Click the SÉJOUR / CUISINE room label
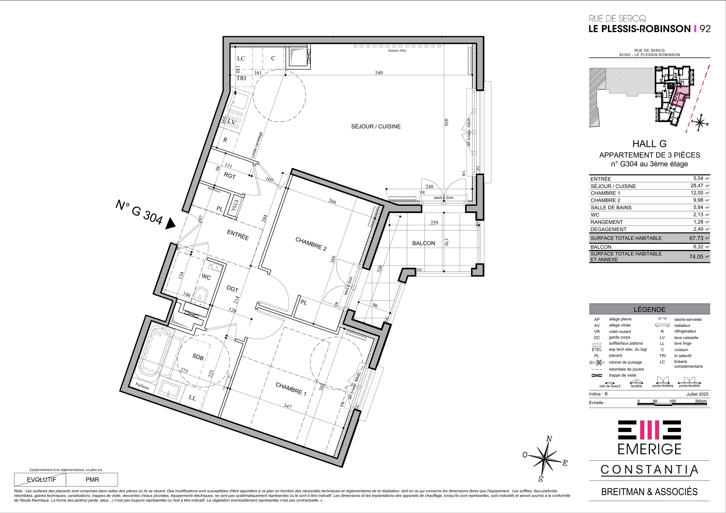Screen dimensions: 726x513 376,126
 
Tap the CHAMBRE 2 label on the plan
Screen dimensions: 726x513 311,244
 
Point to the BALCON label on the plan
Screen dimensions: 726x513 423,243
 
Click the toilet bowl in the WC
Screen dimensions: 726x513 200,294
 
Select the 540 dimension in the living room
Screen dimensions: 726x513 379,72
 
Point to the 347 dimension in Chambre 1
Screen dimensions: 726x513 287,406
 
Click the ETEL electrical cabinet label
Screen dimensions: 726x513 236,205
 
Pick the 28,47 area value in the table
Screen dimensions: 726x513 697,185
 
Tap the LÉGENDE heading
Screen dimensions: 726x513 649,309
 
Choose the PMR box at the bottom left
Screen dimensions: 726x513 92,479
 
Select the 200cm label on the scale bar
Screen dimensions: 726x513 701,401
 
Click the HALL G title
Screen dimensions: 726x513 649,144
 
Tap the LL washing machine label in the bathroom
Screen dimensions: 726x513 192,398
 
